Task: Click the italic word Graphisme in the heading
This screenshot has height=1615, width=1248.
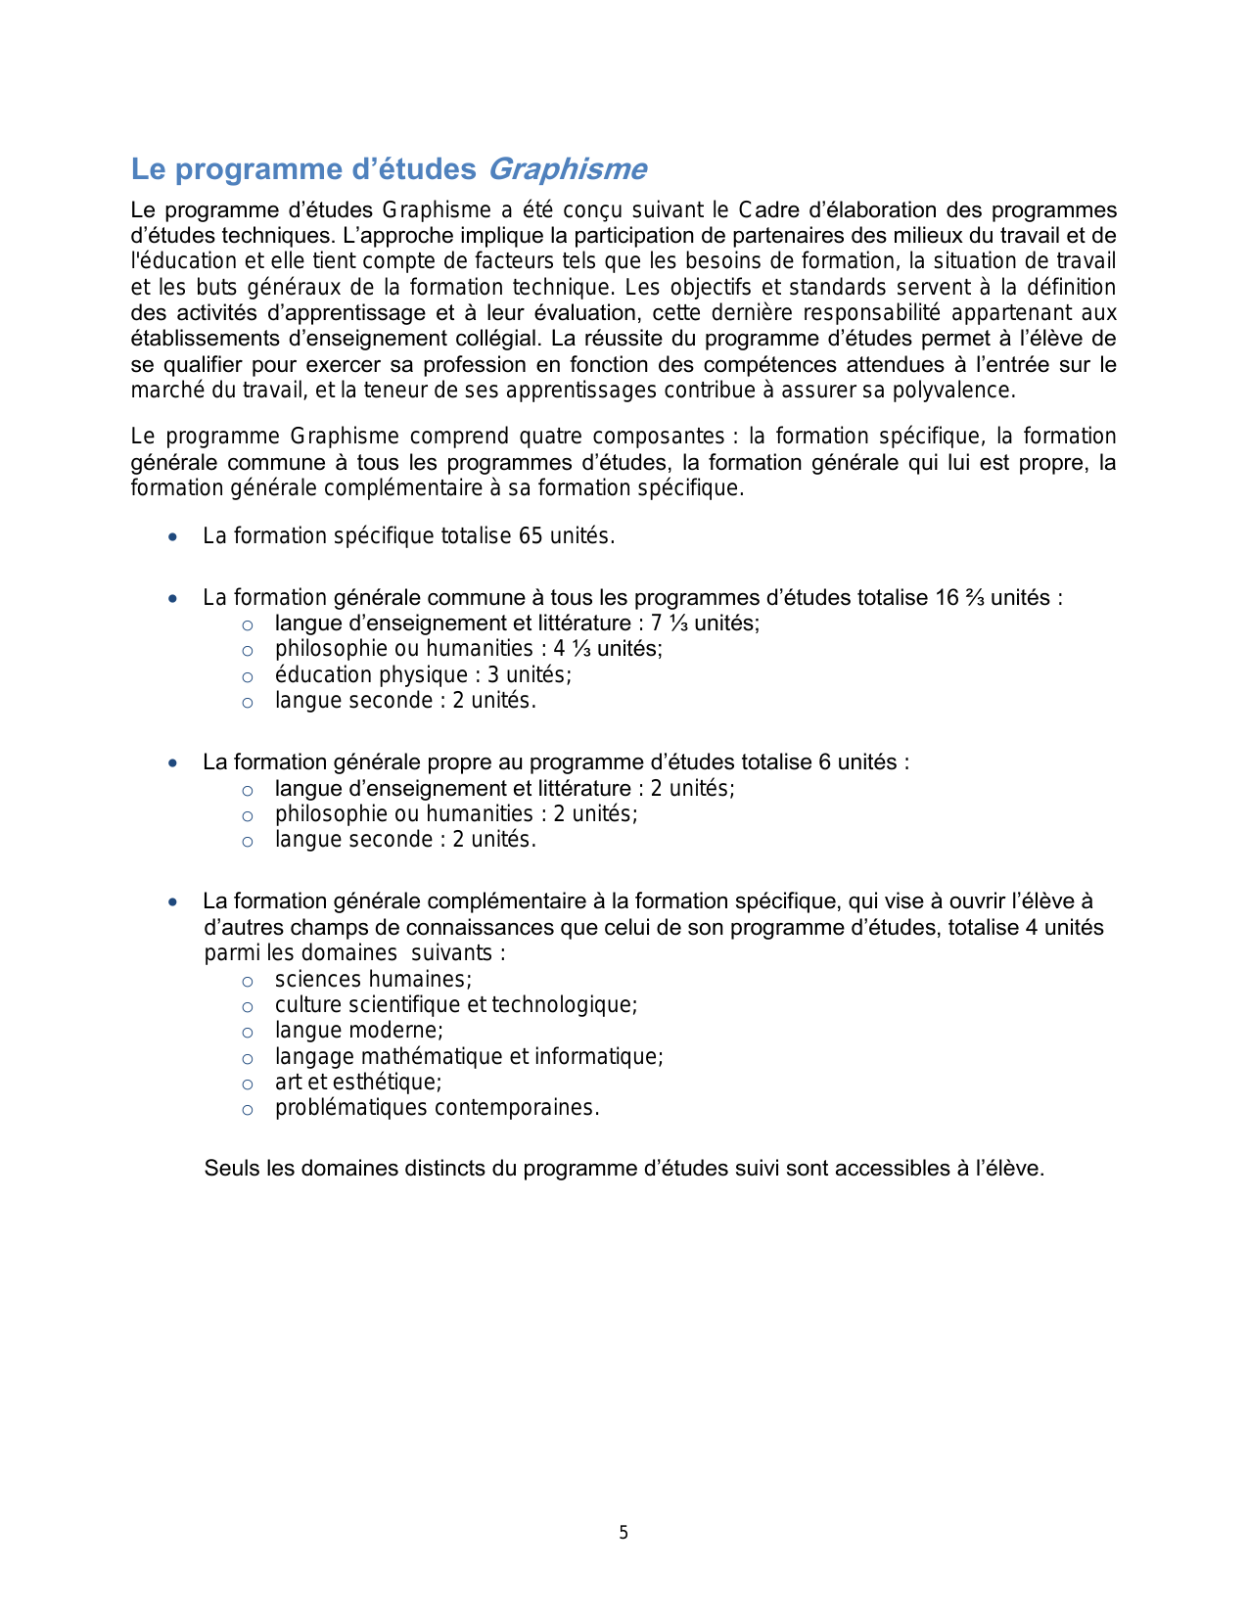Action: pyautogui.click(x=567, y=169)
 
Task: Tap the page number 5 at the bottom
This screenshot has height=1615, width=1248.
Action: pyautogui.click(x=624, y=1533)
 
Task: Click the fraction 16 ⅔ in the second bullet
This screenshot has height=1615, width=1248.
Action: pyautogui.click(x=959, y=598)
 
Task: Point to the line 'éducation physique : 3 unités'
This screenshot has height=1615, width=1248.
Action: pyautogui.click(x=423, y=675)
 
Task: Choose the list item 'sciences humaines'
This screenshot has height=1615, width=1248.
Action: pyautogui.click(x=373, y=980)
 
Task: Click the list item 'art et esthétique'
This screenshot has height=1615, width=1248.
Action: pyautogui.click(x=358, y=1083)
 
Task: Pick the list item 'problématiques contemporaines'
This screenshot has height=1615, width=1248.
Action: pyautogui.click(x=437, y=1108)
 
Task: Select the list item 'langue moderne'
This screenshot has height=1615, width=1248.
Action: pyautogui.click(x=359, y=1031)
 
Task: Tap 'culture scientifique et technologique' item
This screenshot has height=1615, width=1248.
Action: pyautogui.click(x=456, y=1005)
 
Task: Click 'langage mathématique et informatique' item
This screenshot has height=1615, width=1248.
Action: pyautogui.click(x=469, y=1057)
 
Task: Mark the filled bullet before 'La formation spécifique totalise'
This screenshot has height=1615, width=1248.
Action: pyautogui.click(x=173, y=537)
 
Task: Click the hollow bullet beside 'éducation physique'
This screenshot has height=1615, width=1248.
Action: pyautogui.click(x=248, y=676)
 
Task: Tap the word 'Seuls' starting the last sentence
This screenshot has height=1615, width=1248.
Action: pyautogui.click(x=231, y=1169)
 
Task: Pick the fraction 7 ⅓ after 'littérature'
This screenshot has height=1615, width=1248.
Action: pyautogui.click(x=670, y=623)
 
